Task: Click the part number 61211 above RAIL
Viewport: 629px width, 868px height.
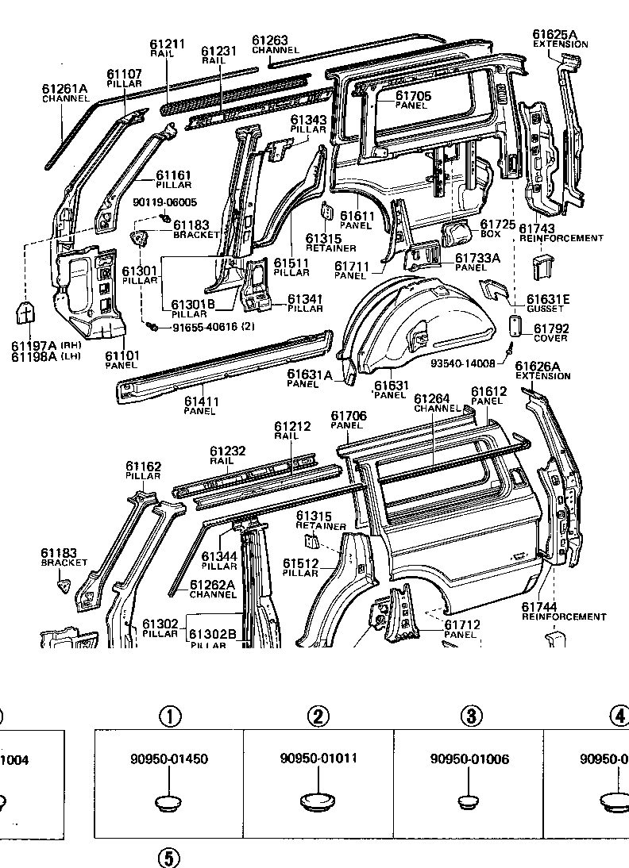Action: coord(168,44)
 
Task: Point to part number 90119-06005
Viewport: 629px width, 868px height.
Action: coord(164,203)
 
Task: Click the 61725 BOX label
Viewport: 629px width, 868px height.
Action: coord(494,229)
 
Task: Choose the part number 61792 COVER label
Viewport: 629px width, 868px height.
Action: coord(549,332)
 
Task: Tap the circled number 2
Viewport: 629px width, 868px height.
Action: coord(318,716)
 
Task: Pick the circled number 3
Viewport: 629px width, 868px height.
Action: coord(471,716)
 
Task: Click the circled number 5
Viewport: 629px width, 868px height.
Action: coord(168,858)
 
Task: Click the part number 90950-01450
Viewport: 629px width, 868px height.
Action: coord(168,759)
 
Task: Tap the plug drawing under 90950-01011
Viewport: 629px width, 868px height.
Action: coord(318,802)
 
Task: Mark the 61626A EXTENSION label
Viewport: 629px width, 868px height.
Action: coord(542,371)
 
